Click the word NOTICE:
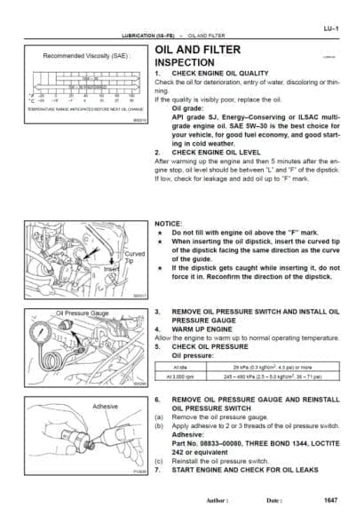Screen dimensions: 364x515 click(x=169, y=226)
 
